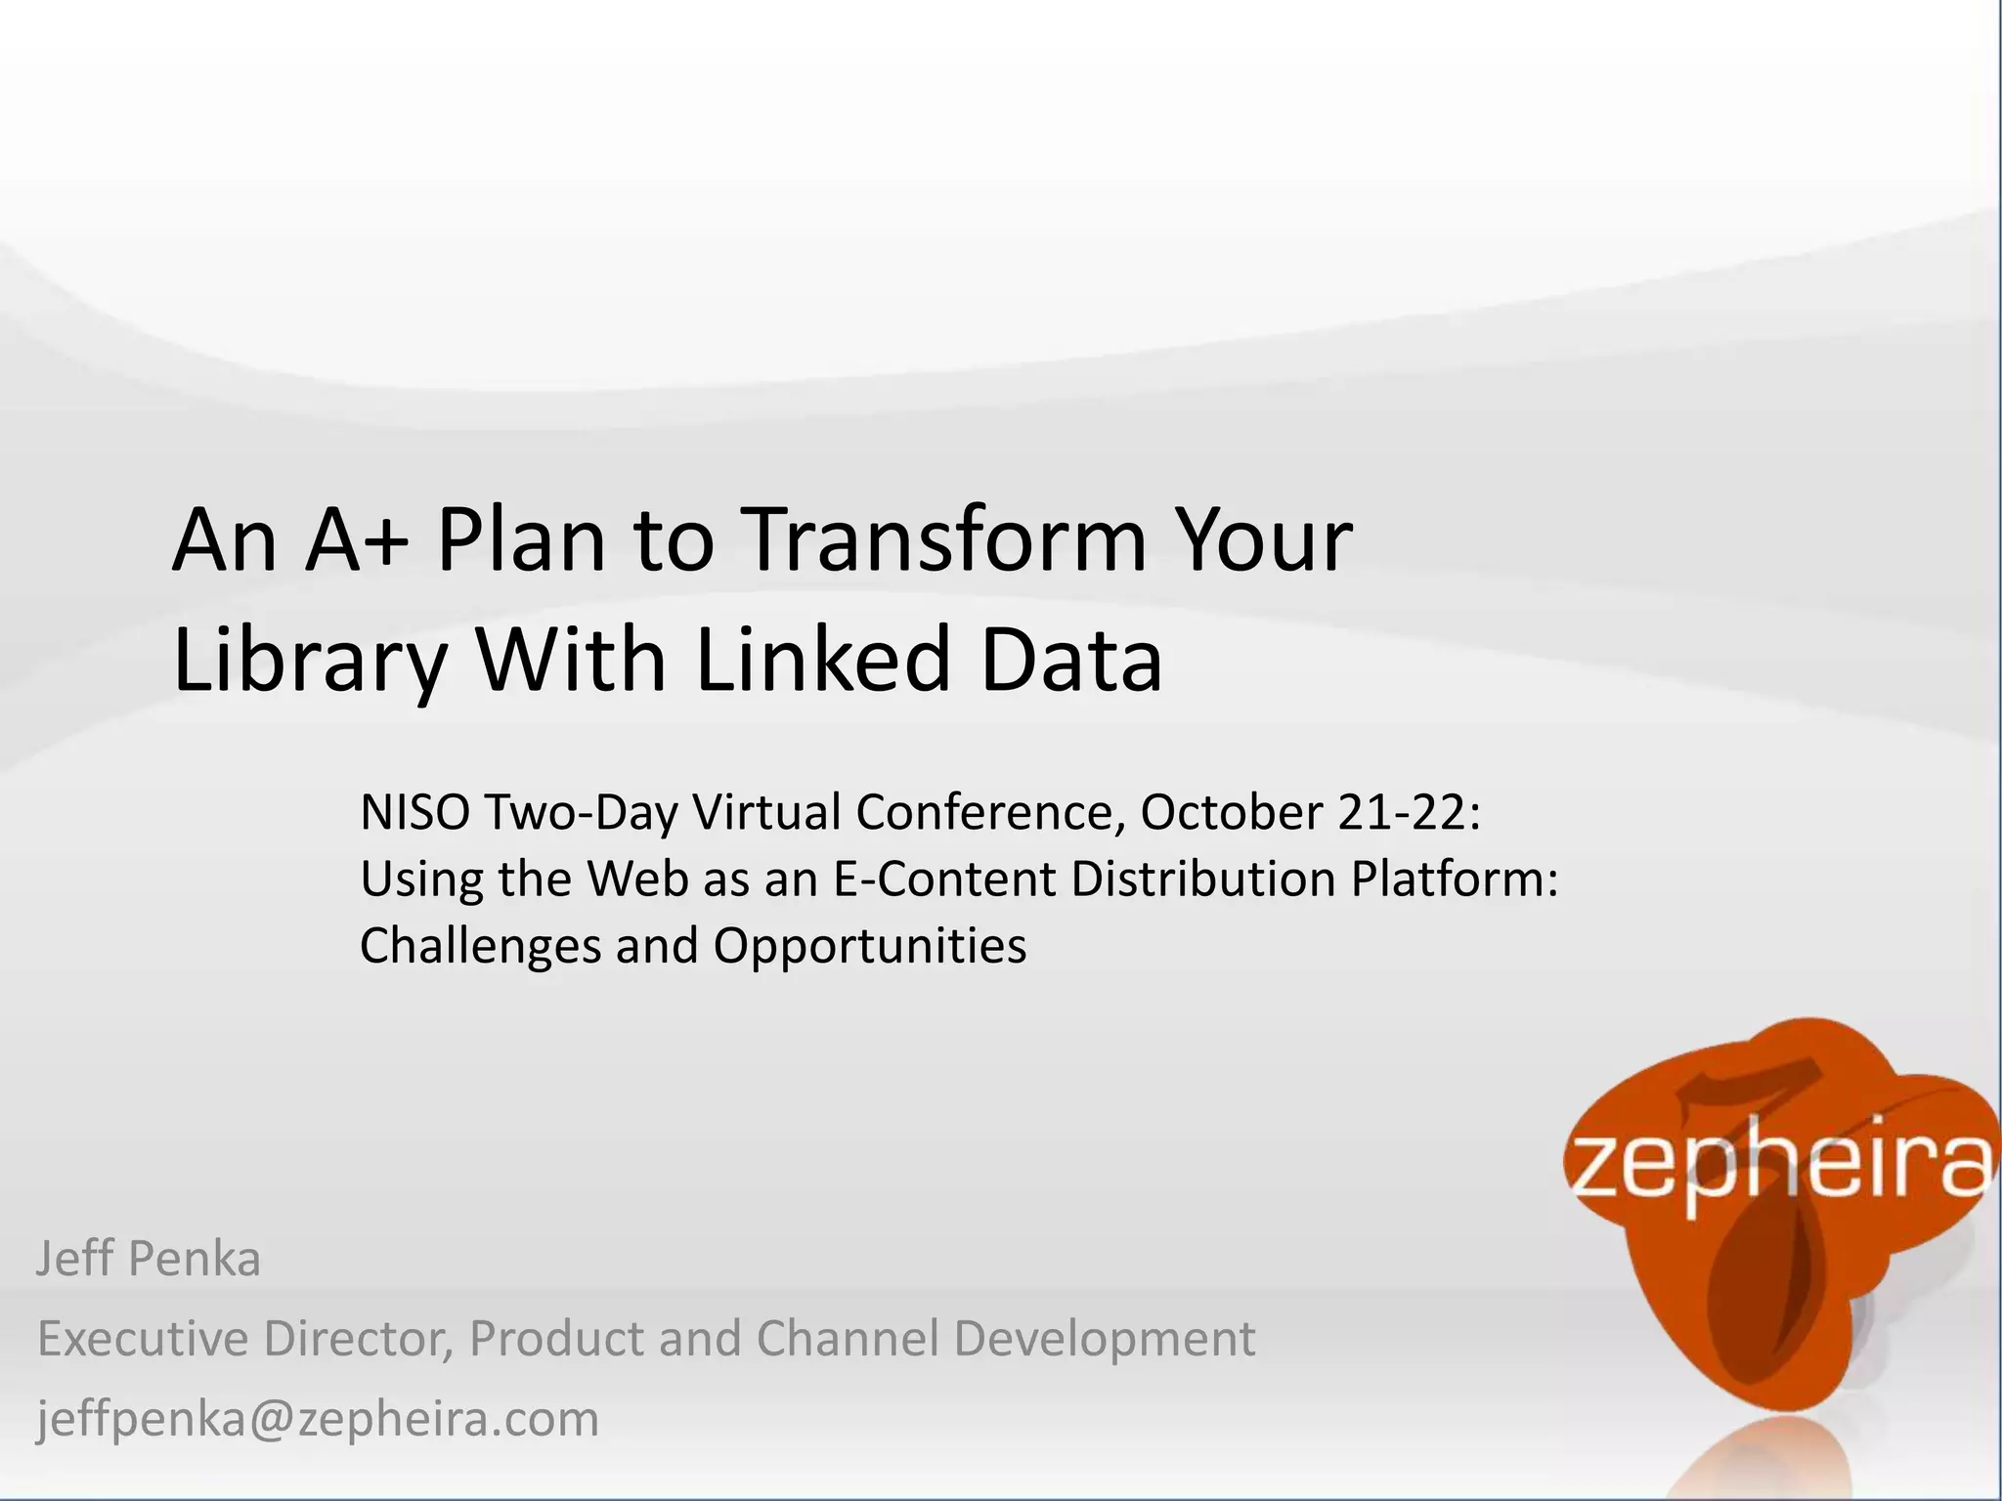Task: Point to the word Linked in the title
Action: click(823, 660)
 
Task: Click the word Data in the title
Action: click(1071, 660)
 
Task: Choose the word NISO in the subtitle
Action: click(414, 812)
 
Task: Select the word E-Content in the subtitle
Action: click(944, 879)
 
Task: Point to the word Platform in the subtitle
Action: click(1453, 879)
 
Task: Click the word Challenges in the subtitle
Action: click(480, 946)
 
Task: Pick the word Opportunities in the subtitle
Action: click(869, 946)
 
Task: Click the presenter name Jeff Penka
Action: click(149, 1259)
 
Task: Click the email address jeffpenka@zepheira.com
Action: click(318, 1419)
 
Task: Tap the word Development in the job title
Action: click(1104, 1339)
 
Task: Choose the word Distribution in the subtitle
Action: click(1203, 879)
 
